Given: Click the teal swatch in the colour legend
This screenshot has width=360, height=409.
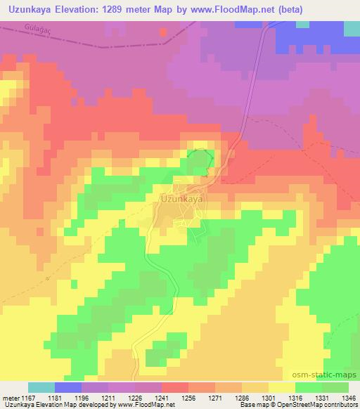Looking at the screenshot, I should pyautogui.click(x=41, y=387).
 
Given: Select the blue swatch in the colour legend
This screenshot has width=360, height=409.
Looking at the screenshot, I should pyautogui.click(x=67, y=387).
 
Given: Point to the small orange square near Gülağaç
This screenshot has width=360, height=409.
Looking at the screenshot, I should pyautogui.click(x=163, y=32).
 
